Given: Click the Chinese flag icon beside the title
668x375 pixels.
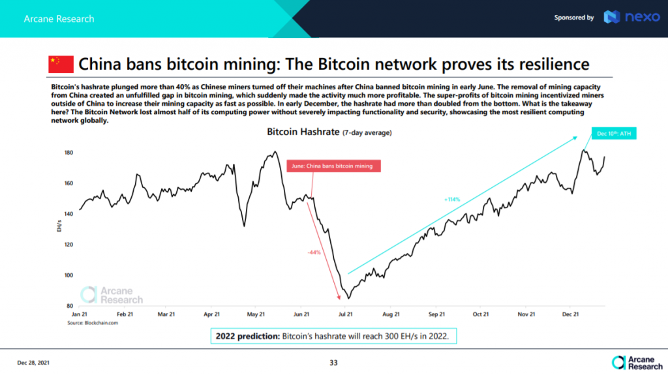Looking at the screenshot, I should [61, 65].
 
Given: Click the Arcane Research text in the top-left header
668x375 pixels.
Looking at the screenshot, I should [59, 18].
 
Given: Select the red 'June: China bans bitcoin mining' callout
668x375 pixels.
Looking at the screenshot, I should [332, 166].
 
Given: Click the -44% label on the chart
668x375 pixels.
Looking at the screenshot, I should [314, 252].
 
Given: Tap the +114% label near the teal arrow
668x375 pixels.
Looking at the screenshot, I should [451, 199].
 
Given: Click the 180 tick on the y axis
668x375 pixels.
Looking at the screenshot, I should [68, 153].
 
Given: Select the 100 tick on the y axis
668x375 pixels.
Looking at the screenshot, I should [68, 275].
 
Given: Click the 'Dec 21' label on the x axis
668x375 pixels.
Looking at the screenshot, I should [571, 314].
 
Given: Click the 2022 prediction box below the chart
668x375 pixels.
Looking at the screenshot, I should [334, 337].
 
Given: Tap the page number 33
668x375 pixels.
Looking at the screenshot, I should [333, 362].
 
